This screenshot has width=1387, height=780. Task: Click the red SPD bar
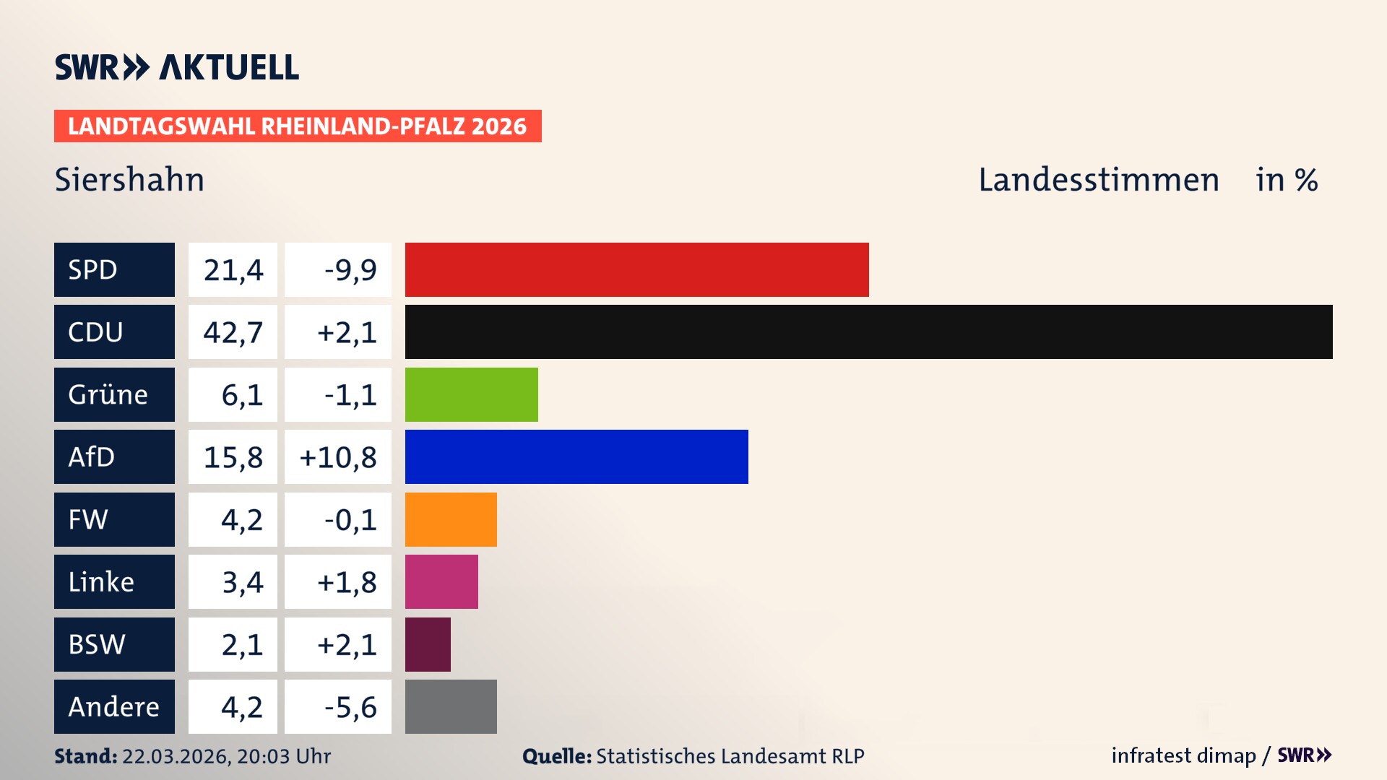(636, 269)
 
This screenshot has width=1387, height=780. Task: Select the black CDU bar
(868, 331)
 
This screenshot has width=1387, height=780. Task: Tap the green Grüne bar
(471, 394)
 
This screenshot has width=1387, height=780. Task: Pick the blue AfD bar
(576, 456)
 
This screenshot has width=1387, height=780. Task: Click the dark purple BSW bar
(428, 644)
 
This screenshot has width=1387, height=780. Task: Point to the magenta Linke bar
(441, 581)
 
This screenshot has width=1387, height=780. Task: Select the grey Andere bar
(451, 706)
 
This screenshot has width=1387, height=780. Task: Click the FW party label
(88, 519)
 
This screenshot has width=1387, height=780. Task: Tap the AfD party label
(92, 456)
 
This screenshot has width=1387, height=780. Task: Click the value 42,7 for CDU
(233, 332)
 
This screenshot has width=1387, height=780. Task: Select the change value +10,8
(338, 457)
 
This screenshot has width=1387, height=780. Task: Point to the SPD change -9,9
(350, 270)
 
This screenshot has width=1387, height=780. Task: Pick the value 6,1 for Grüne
(242, 395)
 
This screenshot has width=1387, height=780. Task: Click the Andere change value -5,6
(350, 707)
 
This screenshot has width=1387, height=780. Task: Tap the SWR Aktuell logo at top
(176, 67)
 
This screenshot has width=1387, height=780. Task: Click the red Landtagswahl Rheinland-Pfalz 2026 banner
(298, 126)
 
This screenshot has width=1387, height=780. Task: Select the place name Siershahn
(130, 179)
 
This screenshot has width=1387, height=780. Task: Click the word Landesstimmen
(1099, 179)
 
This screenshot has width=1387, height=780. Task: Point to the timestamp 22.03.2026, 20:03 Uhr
(226, 756)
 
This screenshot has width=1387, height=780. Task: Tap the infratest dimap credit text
(1183, 755)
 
